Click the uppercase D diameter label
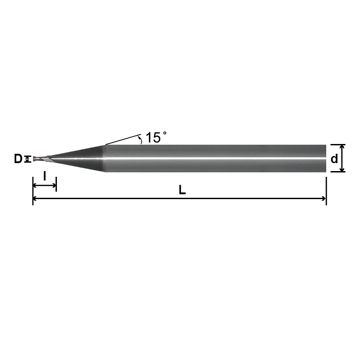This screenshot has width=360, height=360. point(18,159)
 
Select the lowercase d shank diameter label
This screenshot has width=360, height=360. point(334,158)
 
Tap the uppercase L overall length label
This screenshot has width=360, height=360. point(182,190)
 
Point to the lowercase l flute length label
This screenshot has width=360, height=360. point(44,176)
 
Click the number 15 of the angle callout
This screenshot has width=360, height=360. point(153,137)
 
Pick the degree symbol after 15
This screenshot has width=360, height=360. point(165,133)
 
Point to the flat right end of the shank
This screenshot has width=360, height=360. point(326,158)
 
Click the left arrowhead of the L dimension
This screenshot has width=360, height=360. point(36,198)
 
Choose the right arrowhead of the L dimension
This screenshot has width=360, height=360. point(323,198)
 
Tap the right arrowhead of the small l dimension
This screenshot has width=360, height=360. point(54,185)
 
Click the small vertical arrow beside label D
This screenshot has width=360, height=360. point(29,159)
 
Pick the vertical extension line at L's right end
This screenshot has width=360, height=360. point(326,191)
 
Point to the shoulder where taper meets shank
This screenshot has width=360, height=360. point(105,158)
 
